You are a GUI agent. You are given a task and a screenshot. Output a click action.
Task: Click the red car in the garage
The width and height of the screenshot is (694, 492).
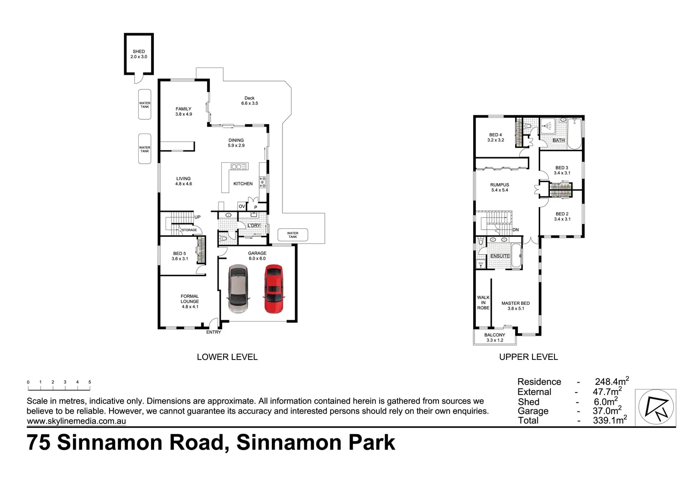coord(273,289)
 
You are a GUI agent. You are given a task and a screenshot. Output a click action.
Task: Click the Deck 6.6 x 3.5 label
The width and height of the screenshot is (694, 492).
coord(250,101)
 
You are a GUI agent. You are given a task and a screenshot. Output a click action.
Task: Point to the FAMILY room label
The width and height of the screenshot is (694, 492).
coord(183,111)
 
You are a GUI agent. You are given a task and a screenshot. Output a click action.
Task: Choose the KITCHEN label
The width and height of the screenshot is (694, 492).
coord(243,184)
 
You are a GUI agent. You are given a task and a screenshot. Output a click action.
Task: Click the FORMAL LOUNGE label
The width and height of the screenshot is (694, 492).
coord(190,301)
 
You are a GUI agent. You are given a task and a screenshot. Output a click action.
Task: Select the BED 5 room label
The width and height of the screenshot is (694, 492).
coord(179,256)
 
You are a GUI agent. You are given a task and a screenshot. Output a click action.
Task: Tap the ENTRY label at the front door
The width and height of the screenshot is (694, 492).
coord(214,332)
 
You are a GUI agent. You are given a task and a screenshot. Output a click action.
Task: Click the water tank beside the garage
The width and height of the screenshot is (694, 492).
coord(292,235)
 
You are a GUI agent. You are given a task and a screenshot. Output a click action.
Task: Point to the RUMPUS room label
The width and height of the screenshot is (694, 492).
coord(500,187)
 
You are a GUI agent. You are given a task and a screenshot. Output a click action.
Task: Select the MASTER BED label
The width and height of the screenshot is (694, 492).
coord(516,306)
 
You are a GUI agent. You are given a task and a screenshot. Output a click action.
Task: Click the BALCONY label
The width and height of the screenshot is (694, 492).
coord(495,337)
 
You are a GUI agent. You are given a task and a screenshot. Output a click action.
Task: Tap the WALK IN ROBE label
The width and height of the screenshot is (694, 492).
coord(483,302)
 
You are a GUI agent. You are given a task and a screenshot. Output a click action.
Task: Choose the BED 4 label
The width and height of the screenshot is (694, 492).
coord(496,137)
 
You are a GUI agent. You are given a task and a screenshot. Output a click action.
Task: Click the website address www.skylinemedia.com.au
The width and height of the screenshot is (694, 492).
coord(76,421)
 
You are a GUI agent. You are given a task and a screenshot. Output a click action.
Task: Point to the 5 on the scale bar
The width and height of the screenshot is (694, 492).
coord(90,382)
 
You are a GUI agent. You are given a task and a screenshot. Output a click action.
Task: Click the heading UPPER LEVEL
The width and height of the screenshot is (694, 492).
coord(528,357)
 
